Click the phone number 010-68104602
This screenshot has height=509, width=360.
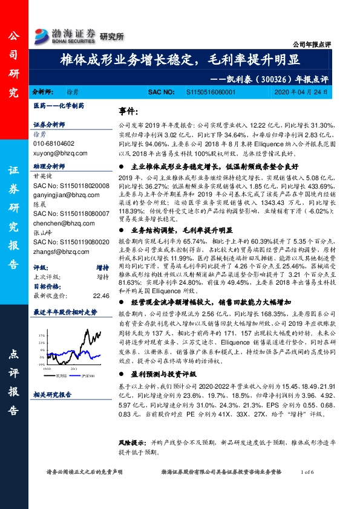pos(54,144)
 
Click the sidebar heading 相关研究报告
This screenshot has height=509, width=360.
pos(53,394)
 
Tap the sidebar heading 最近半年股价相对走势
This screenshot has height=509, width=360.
pos(65,313)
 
